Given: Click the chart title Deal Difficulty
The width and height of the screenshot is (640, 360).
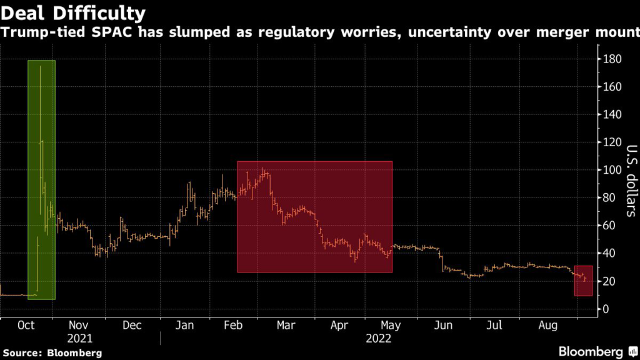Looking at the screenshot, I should tap(74, 12).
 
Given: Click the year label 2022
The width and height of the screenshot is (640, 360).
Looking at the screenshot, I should tap(379, 338).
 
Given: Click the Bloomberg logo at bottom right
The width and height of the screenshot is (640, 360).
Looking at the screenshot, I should tap(591, 351).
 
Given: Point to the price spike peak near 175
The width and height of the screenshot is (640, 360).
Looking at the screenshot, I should tap(40, 67).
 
